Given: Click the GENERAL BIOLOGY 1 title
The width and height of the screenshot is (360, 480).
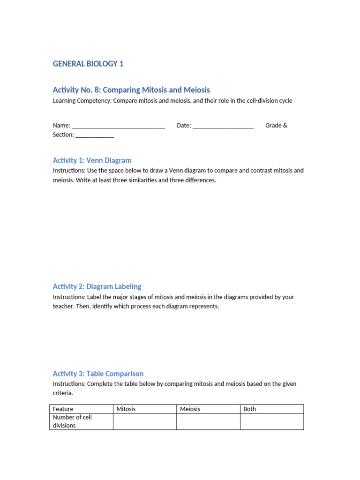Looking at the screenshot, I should [88, 64].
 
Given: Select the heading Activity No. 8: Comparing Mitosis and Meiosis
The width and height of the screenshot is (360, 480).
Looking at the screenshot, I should [131, 90].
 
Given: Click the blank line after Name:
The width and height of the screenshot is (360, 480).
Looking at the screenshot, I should [118, 126].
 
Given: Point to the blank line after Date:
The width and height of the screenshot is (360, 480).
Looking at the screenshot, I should [223, 126].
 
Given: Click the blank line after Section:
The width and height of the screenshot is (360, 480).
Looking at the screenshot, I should [95, 135].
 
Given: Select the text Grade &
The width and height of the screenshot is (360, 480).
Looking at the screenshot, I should [276, 125].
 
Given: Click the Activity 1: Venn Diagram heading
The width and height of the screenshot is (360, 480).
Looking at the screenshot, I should [92, 160].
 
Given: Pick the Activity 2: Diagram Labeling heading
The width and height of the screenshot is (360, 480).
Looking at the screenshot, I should [97, 286].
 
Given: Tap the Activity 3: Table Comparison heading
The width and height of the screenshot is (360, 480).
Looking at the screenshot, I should [98, 374].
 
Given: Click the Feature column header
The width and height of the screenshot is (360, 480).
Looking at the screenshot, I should [63, 409].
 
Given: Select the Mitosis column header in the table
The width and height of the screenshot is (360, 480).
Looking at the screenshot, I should [126, 409].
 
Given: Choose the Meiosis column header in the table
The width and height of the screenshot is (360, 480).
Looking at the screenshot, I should [190, 409].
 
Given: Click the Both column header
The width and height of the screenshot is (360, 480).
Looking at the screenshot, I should [250, 409].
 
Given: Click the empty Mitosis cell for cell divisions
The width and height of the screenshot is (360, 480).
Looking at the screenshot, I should [144, 421].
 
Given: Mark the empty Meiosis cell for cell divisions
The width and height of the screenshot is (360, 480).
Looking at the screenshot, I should [208, 421].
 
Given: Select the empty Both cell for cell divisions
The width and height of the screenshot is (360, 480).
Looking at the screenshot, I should [271, 421].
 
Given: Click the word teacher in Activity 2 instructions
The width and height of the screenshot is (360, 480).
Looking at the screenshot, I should [64, 307].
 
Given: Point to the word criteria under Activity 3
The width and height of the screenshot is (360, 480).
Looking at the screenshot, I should [63, 393].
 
